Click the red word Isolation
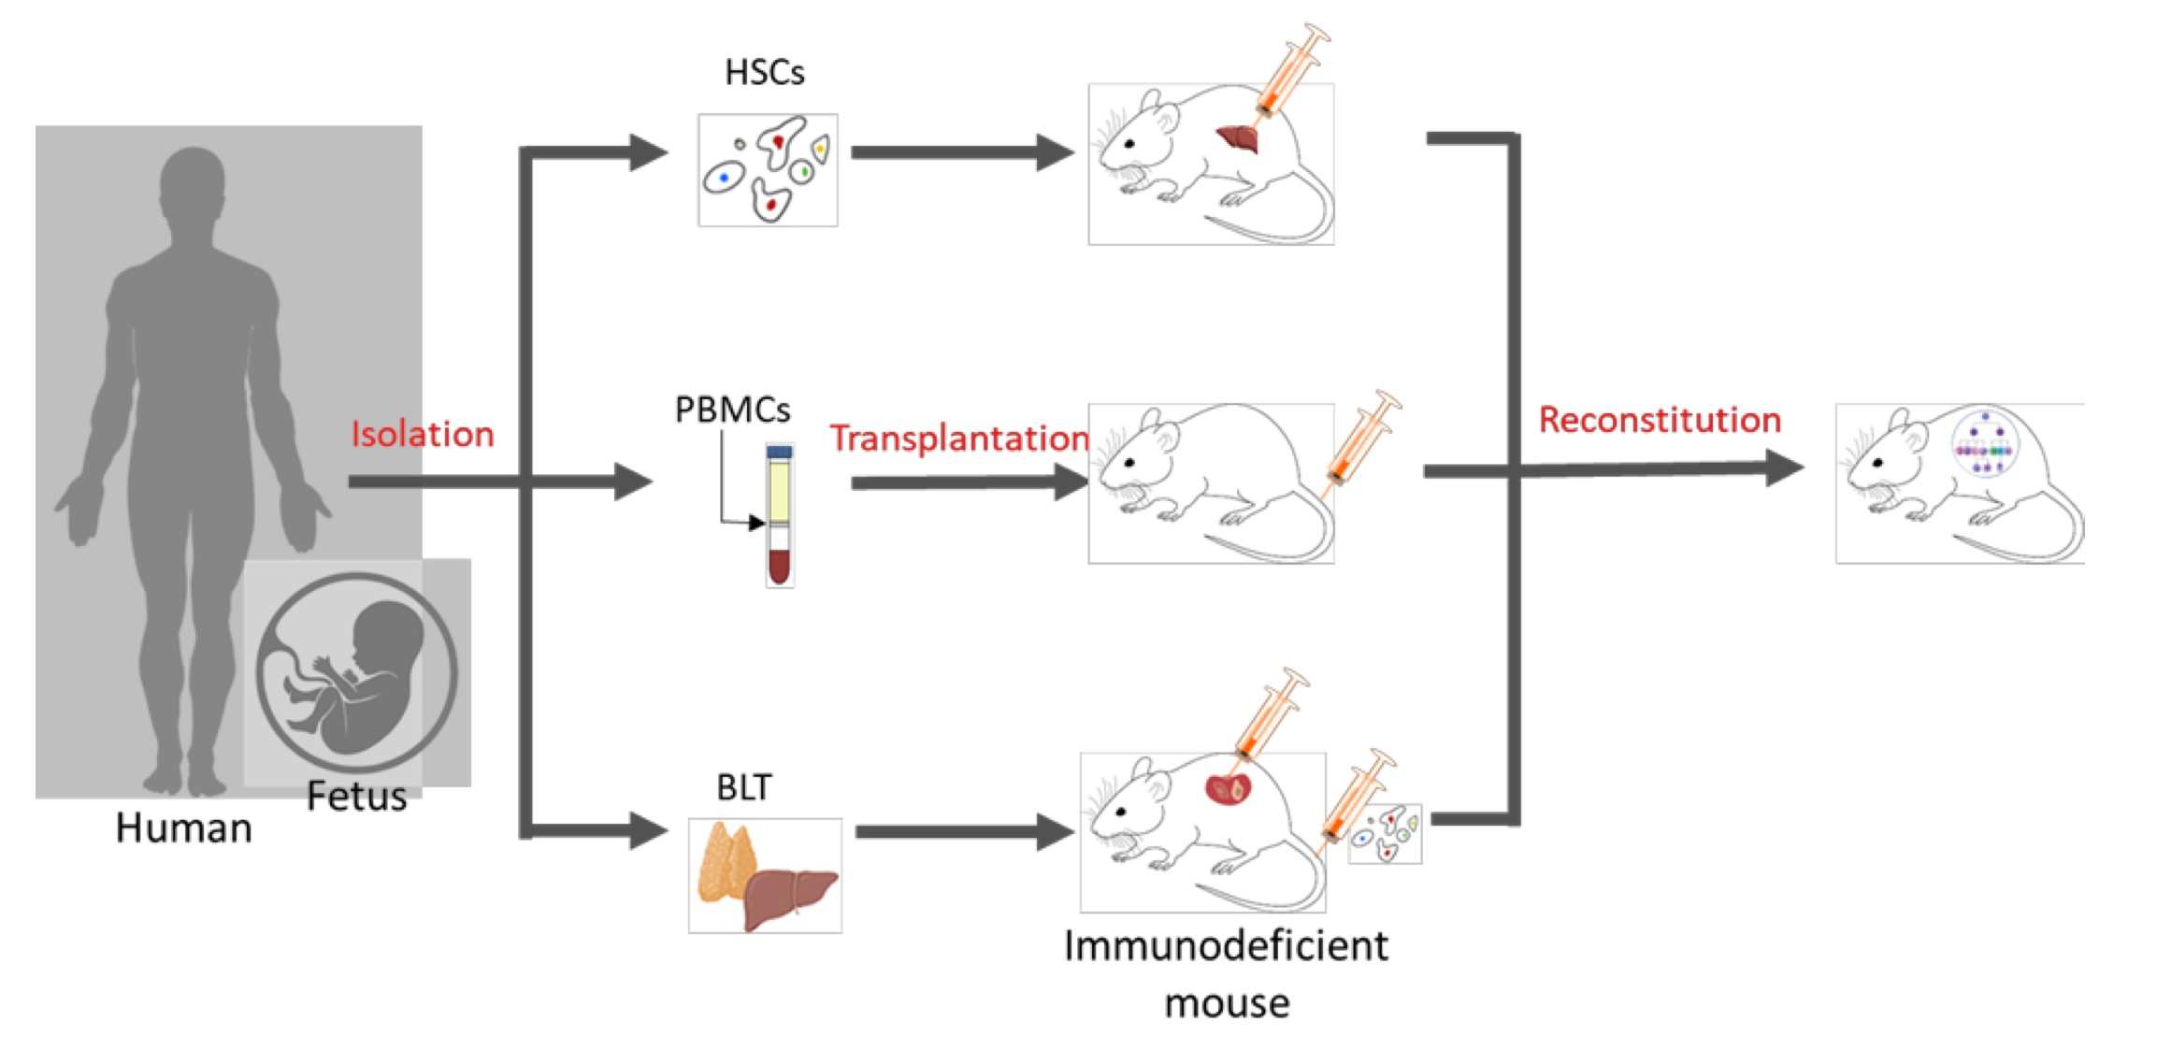tap(422, 435)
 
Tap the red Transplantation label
tap(959, 438)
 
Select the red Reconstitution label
tap(1660, 420)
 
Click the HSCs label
tap(764, 73)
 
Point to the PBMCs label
tap(732, 410)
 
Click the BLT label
tap(744, 788)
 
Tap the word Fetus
tap(356, 797)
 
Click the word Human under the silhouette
tap(183, 828)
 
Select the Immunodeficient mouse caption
tap(1226, 972)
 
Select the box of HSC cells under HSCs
tap(768, 170)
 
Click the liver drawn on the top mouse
tap(1240, 139)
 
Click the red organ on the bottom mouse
tap(1228, 789)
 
